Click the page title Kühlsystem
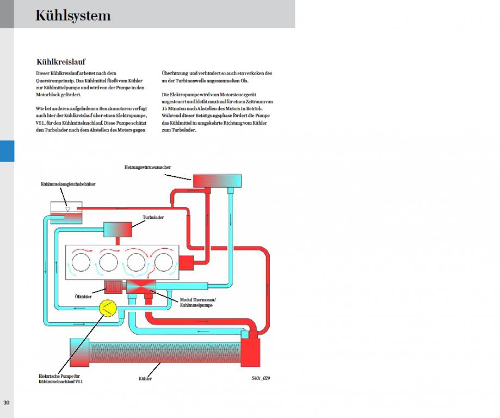73,15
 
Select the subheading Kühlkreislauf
60,62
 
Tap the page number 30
7,403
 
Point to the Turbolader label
153,217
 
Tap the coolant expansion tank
66,212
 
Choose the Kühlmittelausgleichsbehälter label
68,185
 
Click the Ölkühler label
83,296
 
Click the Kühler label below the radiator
145,378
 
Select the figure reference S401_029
261,378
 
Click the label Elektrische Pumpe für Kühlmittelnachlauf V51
61,379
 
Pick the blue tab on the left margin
7,151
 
